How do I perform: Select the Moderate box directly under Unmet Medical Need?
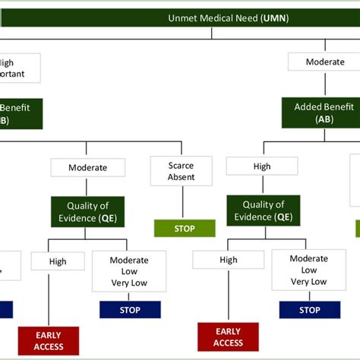pyautogui.click(x=324, y=62)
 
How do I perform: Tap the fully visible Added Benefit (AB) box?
pyautogui.click(x=324, y=113)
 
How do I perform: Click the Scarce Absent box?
pyautogui.click(x=182, y=171)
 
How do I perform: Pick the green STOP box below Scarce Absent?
pyautogui.click(x=184, y=228)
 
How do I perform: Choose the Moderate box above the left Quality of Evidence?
pyautogui.click(x=87, y=167)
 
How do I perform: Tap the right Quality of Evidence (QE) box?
pyautogui.click(x=264, y=210)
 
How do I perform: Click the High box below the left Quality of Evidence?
pyautogui.click(x=58, y=261)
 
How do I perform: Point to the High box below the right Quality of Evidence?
pyautogui.click(x=229, y=260)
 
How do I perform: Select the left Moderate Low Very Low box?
pyautogui.click(x=129, y=271)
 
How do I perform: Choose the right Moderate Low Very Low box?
pyautogui.click(x=308, y=270)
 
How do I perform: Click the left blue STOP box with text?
pyautogui.click(x=130, y=310)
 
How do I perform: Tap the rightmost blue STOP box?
pyautogui.click(x=309, y=310)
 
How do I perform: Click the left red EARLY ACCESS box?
pyautogui.click(x=49, y=341)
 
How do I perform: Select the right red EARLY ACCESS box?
pyautogui.click(x=228, y=337)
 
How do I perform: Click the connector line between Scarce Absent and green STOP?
pyautogui.click(x=182, y=203)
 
